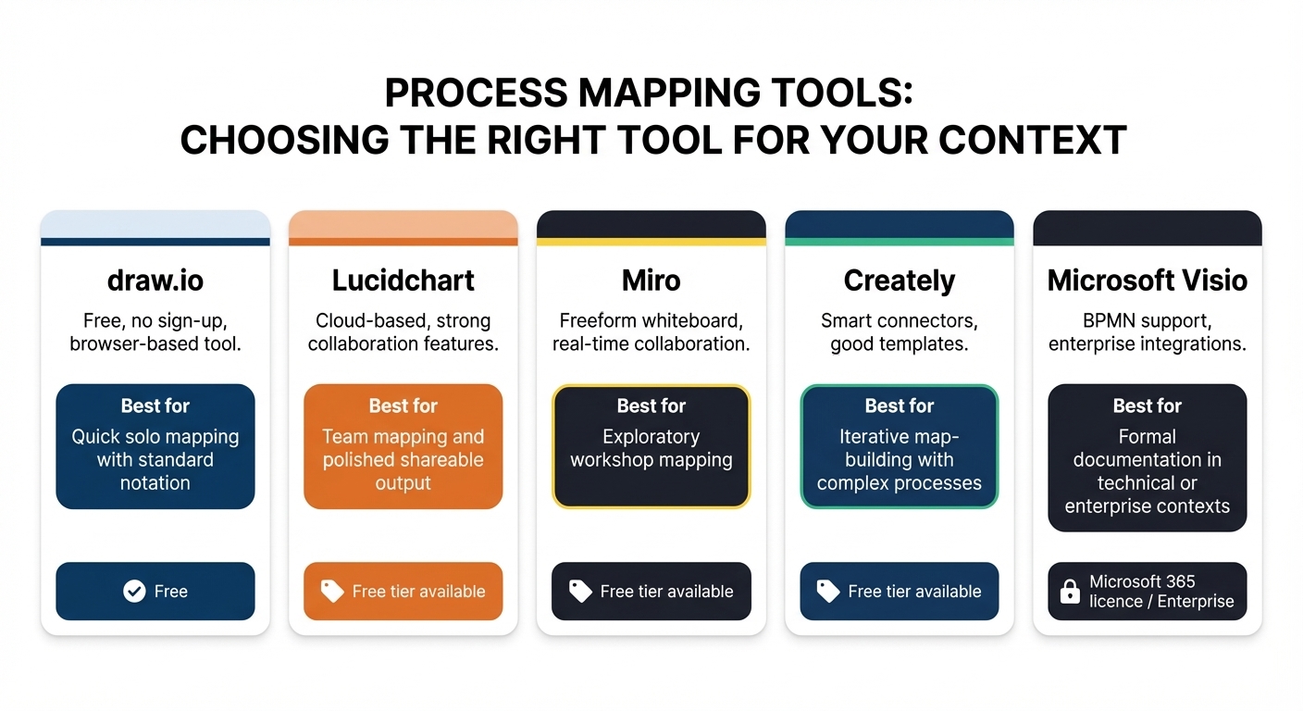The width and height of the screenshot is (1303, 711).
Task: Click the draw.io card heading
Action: (x=155, y=281)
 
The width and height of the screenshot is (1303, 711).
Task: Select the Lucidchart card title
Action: (x=403, y=281)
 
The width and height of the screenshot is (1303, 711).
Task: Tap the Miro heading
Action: (x=651, y=281)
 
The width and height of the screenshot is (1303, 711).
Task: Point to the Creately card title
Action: (x=900, y=281)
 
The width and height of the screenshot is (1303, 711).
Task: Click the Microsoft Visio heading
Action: (x=1148, y=281)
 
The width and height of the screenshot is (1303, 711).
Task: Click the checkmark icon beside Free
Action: (x=134, y=592)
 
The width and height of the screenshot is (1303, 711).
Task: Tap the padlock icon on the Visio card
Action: (x=1070, y=592)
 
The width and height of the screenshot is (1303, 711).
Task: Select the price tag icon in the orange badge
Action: (x=332, y=592)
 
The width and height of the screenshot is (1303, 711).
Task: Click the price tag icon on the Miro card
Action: (x=580, y=592)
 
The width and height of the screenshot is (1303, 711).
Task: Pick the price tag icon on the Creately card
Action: (x=827, y=592)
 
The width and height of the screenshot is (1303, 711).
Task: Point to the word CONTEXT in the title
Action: (x=1033, y=140)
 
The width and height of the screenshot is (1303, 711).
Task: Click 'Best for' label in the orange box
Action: (x=403, y=405)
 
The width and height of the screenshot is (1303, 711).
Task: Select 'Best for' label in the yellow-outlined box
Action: (x=651, y=405)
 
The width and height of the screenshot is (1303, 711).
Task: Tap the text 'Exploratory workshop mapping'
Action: (x=651, y=448)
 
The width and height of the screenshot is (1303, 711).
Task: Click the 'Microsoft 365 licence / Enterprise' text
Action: (x=1161, y=592)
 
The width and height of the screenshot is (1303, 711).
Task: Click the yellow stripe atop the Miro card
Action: (x=651, y=242)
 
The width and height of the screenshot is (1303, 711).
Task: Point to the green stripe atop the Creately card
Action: (x=900, y=242)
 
